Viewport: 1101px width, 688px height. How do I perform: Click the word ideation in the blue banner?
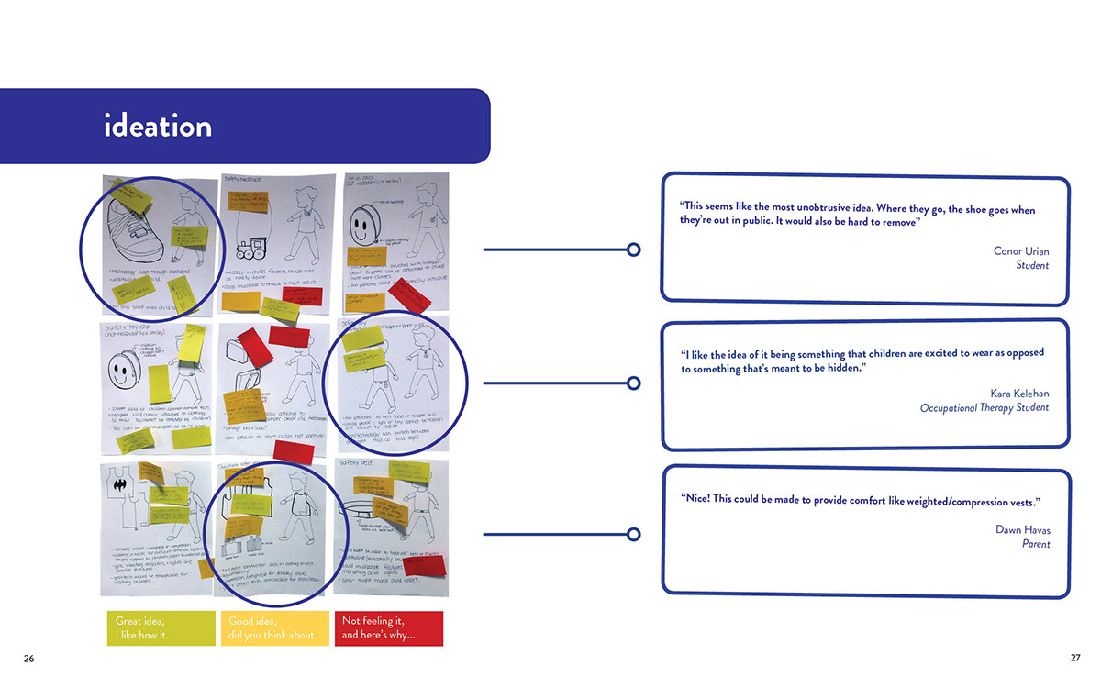pos(158,126)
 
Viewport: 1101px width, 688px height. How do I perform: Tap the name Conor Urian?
pos(1020,251)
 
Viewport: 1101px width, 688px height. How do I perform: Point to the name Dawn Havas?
pos(1022,530)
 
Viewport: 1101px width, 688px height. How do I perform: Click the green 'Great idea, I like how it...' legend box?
pos(161,628)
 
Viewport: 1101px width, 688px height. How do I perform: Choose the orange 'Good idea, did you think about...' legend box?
pos(274,628)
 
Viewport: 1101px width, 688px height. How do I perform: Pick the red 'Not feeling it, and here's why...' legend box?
pos(388,628)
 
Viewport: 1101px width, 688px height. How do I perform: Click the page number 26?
pos(29,659)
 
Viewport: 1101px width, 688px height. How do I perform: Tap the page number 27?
pos(1075,659)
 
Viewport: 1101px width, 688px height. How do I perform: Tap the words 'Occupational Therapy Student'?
pos(984,407)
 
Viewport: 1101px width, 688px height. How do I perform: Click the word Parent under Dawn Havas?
pos(1035,544)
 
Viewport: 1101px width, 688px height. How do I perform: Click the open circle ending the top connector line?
pos(633,250)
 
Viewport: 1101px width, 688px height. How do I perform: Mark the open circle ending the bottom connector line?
pos(633,534)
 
